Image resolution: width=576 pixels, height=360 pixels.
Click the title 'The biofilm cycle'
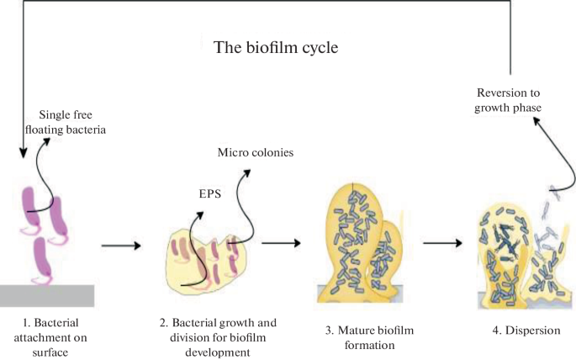[x=276, y=48]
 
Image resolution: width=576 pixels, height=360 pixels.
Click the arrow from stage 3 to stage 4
[x=442, y=244]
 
